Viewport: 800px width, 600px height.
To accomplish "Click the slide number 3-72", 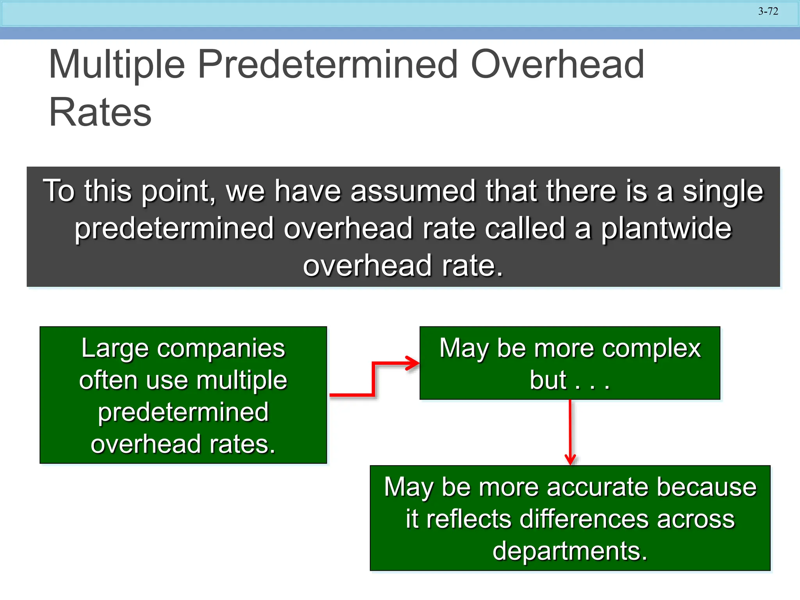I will point(768,11).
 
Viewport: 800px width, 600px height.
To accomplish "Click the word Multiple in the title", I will point(116,65).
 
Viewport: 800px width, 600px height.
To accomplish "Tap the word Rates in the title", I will point(100,112).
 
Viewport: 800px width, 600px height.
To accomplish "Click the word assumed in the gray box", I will point(413,191).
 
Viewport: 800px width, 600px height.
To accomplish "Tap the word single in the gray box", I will point(722,192).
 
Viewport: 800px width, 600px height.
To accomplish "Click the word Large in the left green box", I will point(114,348).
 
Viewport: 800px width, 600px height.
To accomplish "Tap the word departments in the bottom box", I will point(570,551).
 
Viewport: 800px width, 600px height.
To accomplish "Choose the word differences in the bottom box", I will point(584,519).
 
